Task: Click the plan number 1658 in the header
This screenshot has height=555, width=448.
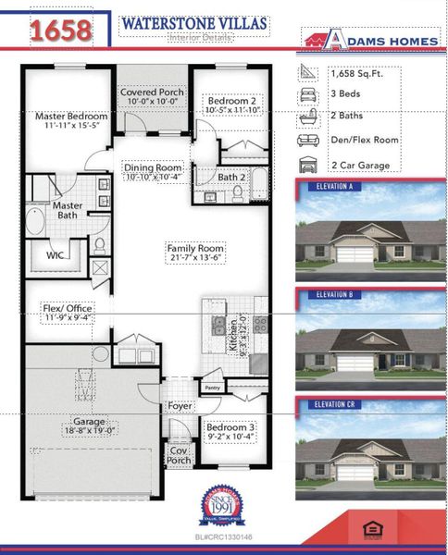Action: [60, 31]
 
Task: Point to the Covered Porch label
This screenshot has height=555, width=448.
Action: [152, 93]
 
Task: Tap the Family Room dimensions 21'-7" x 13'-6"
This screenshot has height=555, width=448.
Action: [195, 260]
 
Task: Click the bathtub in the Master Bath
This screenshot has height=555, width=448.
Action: [36, 221]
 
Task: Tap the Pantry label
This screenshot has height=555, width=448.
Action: [212, 388]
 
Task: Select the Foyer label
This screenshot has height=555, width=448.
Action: [180, 406]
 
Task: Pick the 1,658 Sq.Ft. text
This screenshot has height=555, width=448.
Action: [356, 72]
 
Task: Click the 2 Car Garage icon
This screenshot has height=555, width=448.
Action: [307, 166]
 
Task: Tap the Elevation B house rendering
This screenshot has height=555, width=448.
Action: [367, 340]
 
